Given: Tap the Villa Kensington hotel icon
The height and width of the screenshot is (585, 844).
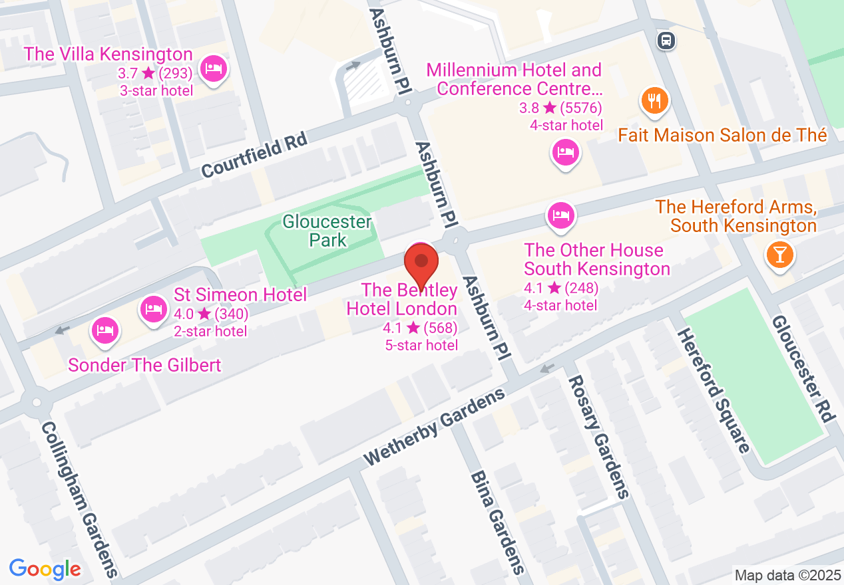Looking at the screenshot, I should pos(213,68).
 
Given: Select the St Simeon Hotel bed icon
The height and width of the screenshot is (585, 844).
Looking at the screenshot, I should pos(154,308).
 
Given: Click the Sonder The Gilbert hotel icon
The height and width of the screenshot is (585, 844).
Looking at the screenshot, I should pos(105,330).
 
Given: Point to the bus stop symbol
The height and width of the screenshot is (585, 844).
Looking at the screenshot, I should pos(666,41).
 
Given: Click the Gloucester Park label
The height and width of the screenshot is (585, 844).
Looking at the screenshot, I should pos(327,230).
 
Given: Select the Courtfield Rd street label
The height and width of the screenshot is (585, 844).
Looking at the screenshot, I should pos(254,154).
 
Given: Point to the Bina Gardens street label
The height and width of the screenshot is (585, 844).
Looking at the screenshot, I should pos(497,523).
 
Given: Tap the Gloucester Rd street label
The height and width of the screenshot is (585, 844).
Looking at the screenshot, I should pos(803,368).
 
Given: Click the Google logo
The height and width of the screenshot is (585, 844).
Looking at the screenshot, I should pos(45,569).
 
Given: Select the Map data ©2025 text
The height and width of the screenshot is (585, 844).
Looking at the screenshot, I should pos(787,575).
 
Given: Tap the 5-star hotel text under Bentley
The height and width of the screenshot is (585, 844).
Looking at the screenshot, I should pos(421,345).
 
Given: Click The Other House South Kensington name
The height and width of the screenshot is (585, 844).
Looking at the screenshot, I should pos(596,259).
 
